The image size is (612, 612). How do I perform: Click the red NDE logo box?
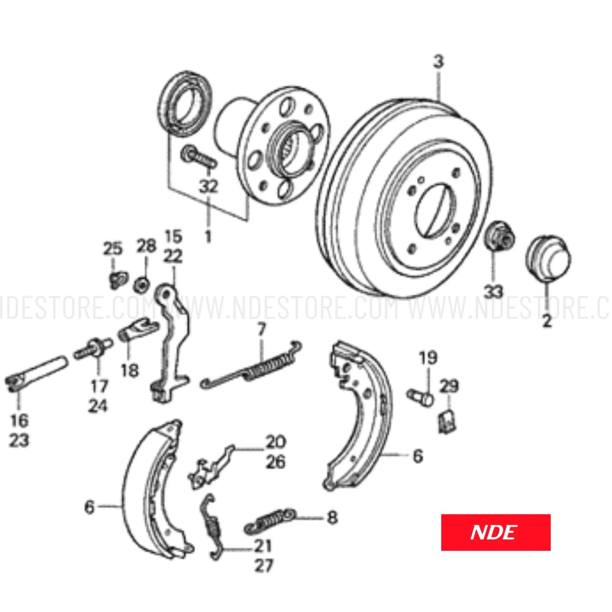[496, 532]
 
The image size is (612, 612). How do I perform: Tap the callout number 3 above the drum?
[438, 62]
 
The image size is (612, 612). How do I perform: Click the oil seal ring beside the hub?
[185, 105]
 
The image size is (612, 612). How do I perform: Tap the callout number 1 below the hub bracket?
[208, 236]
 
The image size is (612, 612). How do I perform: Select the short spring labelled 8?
[270, 521]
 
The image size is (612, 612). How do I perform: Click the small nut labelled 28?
[141, 285]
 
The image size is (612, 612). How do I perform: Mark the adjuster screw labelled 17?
[93, 349]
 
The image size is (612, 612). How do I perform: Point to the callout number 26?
[276, 462]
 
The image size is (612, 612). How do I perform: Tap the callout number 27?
[264, 565]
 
